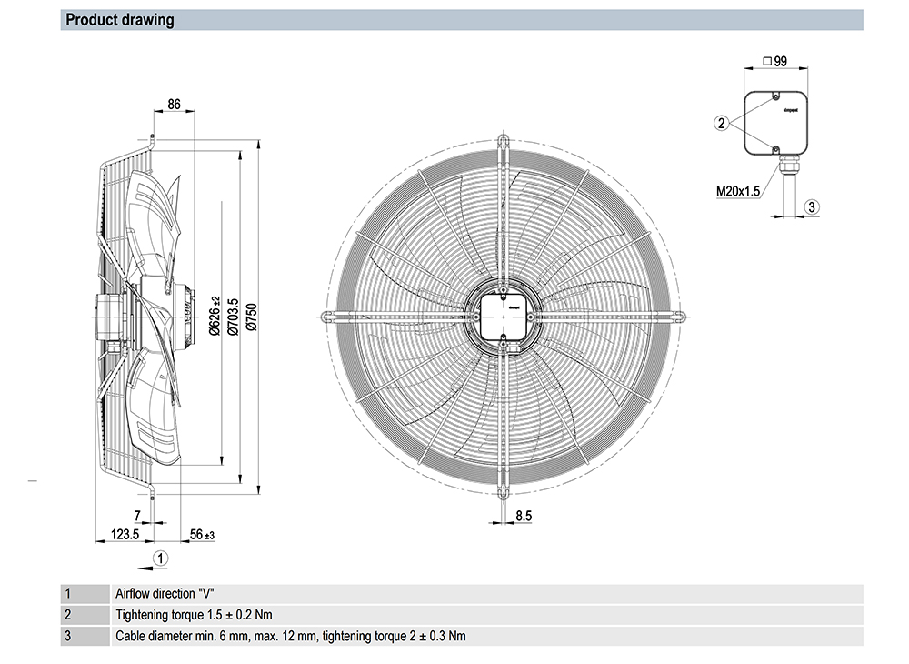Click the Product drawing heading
pos(120,20)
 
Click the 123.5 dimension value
pos(125,534)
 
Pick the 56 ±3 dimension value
pos(202,534)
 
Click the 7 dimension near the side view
pos(137,516)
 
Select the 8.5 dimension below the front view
pos(524,516)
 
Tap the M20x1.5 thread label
pos(737,191)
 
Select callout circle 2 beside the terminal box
pos(722,123)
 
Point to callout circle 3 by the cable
pos(814,206)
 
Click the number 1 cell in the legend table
pos(67,593)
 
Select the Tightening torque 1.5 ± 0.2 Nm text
pos(195,614)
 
